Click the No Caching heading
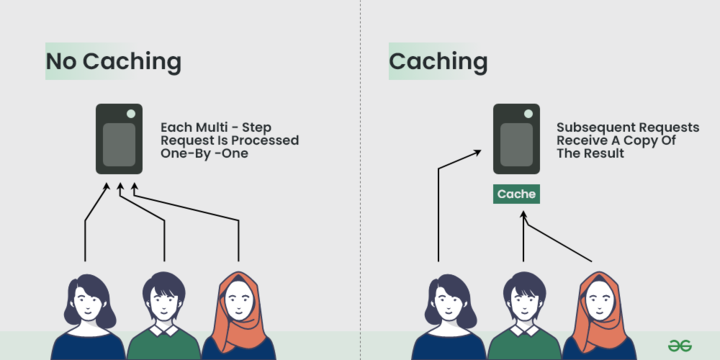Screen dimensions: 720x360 [x=113, y=62]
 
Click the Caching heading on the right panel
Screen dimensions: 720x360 [x=438, y=62]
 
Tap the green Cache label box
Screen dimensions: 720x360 [x=516, y=194]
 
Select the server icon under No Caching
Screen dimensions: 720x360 [x=119, y=139]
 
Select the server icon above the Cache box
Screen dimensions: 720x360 [x=516, y=139]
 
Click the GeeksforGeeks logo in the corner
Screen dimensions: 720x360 [x=681, y=342]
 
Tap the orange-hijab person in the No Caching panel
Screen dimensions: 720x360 [x=238, y=314]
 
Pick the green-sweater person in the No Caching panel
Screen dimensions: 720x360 [x=162, y=314]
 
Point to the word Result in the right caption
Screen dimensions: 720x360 [x=601, y=154]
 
